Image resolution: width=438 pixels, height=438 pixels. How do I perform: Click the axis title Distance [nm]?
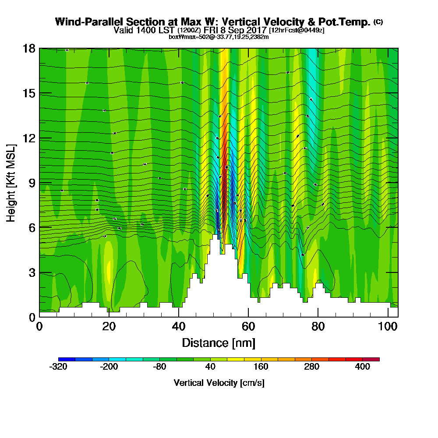(219, 343)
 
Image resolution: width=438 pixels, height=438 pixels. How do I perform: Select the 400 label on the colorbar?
(363, 367)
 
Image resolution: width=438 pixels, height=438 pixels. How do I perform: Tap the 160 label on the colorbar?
(261, 367)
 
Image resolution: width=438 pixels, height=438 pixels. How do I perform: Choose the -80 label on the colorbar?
(159, 367)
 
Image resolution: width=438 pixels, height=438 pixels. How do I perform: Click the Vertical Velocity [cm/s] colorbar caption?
(219, 383)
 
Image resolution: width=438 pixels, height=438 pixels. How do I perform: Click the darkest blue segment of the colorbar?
(67, 359)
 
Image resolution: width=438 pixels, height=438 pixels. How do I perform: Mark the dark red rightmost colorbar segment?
(371, 359)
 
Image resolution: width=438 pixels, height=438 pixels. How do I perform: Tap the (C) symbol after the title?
(378, 21)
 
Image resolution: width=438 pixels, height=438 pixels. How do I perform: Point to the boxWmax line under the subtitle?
(219, 37)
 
